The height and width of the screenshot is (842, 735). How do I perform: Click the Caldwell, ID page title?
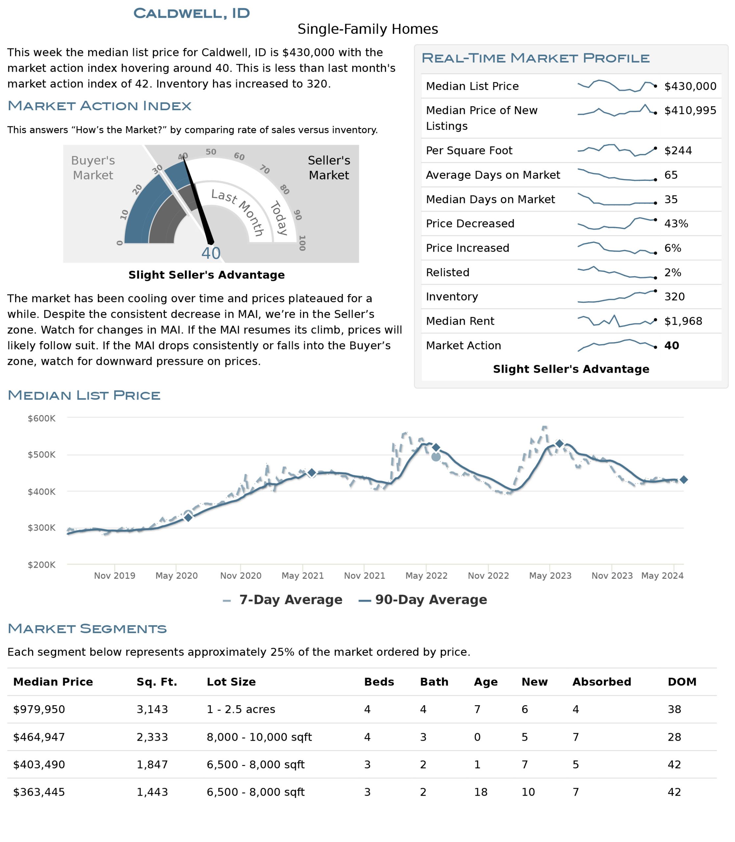point(192,13)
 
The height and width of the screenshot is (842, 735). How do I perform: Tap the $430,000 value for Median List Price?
point(690,86)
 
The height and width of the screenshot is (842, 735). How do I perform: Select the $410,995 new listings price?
point(690,110)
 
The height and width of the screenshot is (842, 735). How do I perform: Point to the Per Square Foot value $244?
point(678,150)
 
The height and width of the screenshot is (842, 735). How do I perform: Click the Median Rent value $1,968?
point(683,321)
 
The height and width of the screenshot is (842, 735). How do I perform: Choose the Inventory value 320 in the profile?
point(675,296)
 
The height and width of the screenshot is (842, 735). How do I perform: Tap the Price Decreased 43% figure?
point(676,223)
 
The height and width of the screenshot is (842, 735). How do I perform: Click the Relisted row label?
point(447,272)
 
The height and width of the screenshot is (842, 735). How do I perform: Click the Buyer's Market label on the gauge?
point(93,168)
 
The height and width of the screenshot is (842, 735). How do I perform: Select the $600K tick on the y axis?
point(41,418)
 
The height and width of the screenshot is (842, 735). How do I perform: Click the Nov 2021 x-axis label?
point(365,576)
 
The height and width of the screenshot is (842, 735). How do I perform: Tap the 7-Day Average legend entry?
point(283,600)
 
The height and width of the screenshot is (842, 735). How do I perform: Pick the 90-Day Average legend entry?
point(423,600)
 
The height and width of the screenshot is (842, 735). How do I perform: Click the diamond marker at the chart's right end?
point(684,480)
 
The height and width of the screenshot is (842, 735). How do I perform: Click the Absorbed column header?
point(602,682)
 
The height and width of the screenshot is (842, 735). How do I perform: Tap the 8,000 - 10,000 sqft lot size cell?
point(259,737)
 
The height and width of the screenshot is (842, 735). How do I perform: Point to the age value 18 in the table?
point(481,792)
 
